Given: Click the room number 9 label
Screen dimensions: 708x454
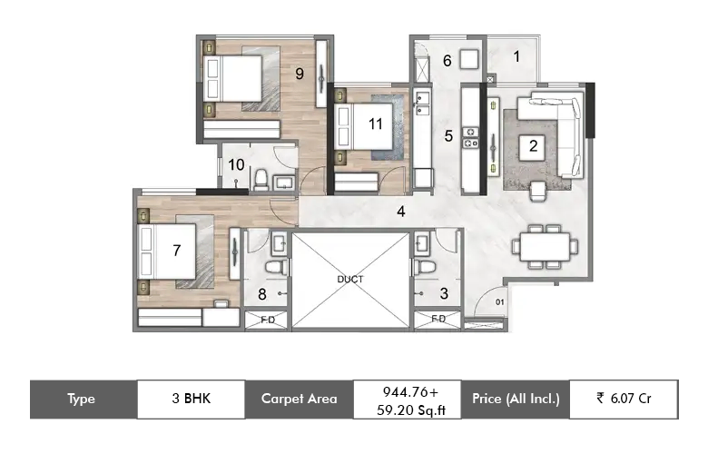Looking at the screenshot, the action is [300, 74].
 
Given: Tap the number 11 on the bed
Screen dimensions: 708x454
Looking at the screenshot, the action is [375, 123].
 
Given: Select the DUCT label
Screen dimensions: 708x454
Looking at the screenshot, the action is [350, 279].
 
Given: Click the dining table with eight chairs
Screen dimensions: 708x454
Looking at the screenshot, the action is [545, 247].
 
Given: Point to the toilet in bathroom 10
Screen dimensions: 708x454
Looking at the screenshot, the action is [261, 180].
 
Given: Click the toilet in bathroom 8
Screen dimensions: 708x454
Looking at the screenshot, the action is [276, 267].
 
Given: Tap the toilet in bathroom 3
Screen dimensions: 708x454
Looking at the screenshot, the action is [425, 266].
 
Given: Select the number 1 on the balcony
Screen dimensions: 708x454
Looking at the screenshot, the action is [516, 56].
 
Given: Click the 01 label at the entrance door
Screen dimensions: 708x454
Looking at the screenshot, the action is [500, 301].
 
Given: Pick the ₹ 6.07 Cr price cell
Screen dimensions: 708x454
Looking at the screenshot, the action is [624, 399].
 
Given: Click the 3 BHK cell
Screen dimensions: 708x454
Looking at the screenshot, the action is [191, 399].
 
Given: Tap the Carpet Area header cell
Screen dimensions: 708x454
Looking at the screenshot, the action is [299, 399].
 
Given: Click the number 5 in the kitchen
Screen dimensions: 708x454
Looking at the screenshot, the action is [448, 136].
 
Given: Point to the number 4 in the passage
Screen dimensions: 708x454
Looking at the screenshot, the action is [401, 212].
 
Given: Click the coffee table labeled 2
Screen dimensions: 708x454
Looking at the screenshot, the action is [533, 146].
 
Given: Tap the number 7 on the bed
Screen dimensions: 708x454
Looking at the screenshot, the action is [177, 251].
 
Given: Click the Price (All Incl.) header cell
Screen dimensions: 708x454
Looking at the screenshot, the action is [516, 399].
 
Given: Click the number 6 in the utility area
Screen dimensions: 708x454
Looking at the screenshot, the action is [447, 61].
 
